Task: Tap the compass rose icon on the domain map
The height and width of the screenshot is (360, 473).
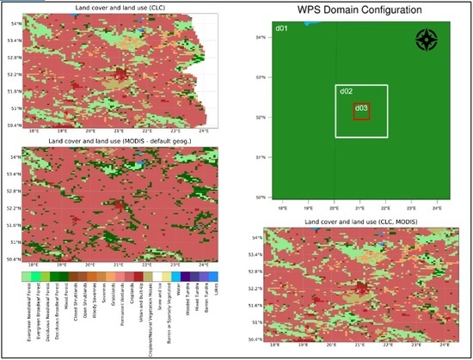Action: (x=427, y=40)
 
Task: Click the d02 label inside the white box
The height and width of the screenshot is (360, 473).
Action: (x=346, y=91)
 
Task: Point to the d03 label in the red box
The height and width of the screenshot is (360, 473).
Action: (x=361, y=108)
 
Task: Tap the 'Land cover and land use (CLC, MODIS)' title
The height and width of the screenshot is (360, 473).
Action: (x=359, y=222)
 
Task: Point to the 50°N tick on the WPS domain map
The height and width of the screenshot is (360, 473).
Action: (x=260, y=197)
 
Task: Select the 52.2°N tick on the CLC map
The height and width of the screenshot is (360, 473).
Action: (x=10, y=74)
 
